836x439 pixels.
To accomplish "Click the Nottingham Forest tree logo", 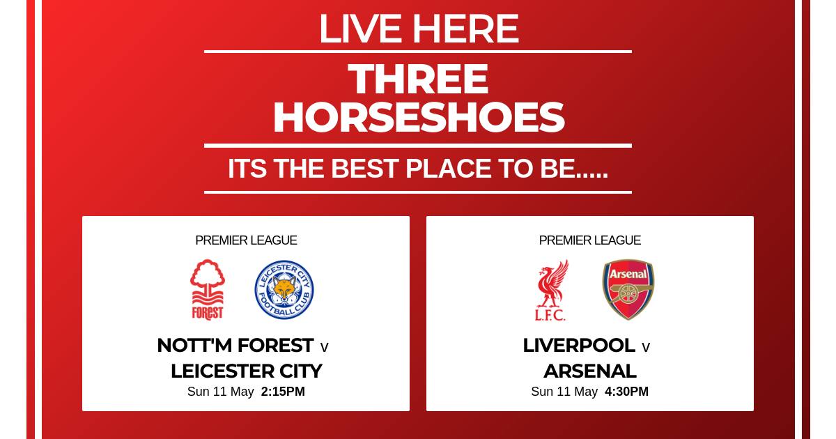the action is [x=208, y=290].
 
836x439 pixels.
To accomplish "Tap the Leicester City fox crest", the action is [x=284, y=290].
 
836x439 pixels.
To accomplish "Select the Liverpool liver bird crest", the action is [x=551, y=290].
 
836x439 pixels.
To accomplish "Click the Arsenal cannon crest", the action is [x=628, y=290].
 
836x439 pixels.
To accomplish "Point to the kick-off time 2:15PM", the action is [x=283, y=392].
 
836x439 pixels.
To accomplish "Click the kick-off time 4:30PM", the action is [x=626, y=392].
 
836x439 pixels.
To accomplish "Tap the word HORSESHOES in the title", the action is [x=419, y=118].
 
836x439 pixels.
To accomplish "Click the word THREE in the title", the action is [x=418, y=79].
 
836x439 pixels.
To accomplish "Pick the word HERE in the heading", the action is [x=465, y=29].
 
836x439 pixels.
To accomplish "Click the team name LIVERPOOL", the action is [x=579, y=346].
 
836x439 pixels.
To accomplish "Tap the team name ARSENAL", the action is [x=590, y=371].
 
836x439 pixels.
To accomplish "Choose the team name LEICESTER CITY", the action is [x=247, y=371].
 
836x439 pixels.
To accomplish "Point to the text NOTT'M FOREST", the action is [x=235, y=346].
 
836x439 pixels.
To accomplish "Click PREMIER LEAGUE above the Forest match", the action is [x=246, y=240].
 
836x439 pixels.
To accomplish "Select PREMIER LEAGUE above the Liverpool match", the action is [x=589, y=240].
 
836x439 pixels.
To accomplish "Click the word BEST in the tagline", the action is [x=364, y=169].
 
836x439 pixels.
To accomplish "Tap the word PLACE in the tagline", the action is [x=448, y=169].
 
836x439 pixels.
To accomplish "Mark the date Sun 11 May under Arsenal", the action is [x=564, y=392].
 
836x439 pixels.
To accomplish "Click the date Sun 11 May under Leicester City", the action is [x=221, y=392].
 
